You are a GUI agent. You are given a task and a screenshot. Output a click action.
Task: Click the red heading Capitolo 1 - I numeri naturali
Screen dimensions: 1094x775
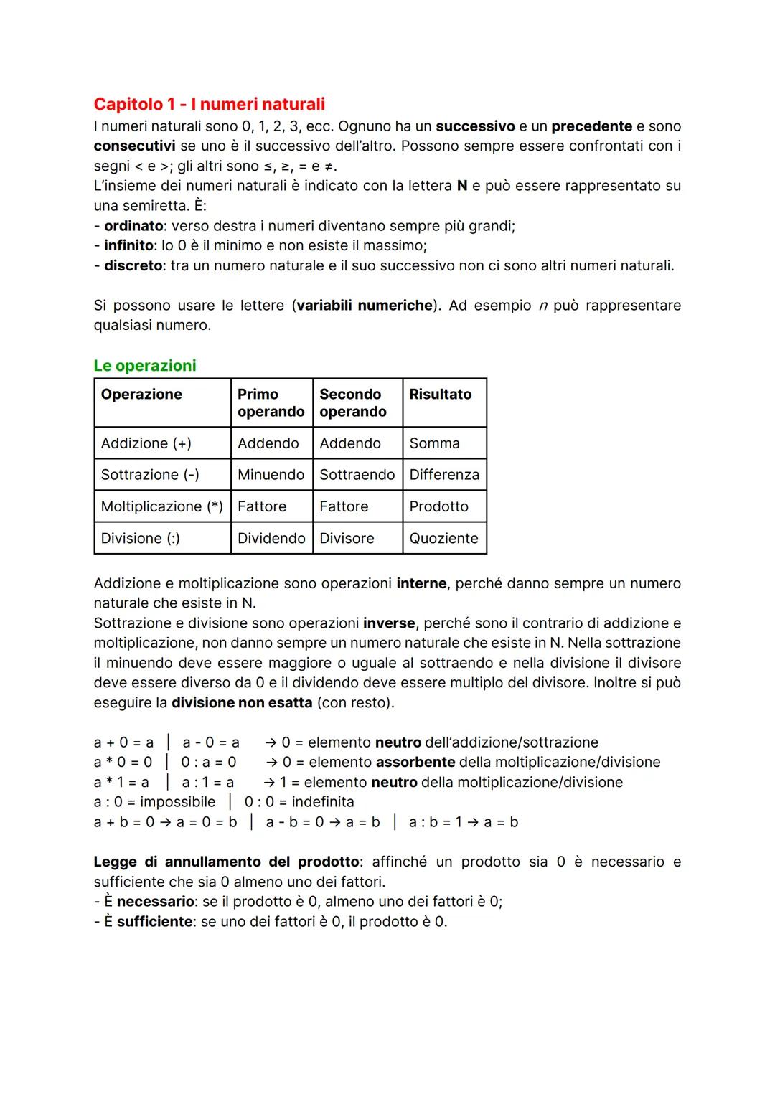point(209,104)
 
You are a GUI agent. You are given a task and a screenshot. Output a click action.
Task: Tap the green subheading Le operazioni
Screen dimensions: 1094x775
point(144,365)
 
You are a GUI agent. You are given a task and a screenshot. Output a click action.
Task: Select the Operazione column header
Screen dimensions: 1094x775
point(141,394)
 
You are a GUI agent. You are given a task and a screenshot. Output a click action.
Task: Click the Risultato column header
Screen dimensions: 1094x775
point(440,394)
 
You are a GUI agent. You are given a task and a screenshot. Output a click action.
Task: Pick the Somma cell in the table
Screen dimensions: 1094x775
point(434,443)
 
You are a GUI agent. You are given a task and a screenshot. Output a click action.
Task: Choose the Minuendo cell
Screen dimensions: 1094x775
point(271,475)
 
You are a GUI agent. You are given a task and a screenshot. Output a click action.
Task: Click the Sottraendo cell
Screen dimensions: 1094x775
point(357,475)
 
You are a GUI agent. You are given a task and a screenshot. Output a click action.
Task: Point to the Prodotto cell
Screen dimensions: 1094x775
point(438,506)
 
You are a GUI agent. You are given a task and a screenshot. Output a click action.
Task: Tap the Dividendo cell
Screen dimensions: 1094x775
point(271,538)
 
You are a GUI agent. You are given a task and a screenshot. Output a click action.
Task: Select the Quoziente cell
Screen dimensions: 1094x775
point(443,538)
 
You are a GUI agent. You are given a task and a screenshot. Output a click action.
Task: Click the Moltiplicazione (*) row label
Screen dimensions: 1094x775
point(161,506)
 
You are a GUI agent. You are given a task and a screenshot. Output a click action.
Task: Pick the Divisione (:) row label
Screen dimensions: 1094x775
point(140,538)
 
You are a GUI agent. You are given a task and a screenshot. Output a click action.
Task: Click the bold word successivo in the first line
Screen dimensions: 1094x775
point(475,126)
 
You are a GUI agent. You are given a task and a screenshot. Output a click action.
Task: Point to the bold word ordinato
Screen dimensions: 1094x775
point(133,226)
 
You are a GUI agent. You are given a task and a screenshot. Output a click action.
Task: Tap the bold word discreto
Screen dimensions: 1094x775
point(133,265)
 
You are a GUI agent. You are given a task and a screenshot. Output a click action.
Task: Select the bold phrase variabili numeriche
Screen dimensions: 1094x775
point(365,306)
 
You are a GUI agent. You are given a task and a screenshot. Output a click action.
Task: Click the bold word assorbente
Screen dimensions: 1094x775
point(415,762)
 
